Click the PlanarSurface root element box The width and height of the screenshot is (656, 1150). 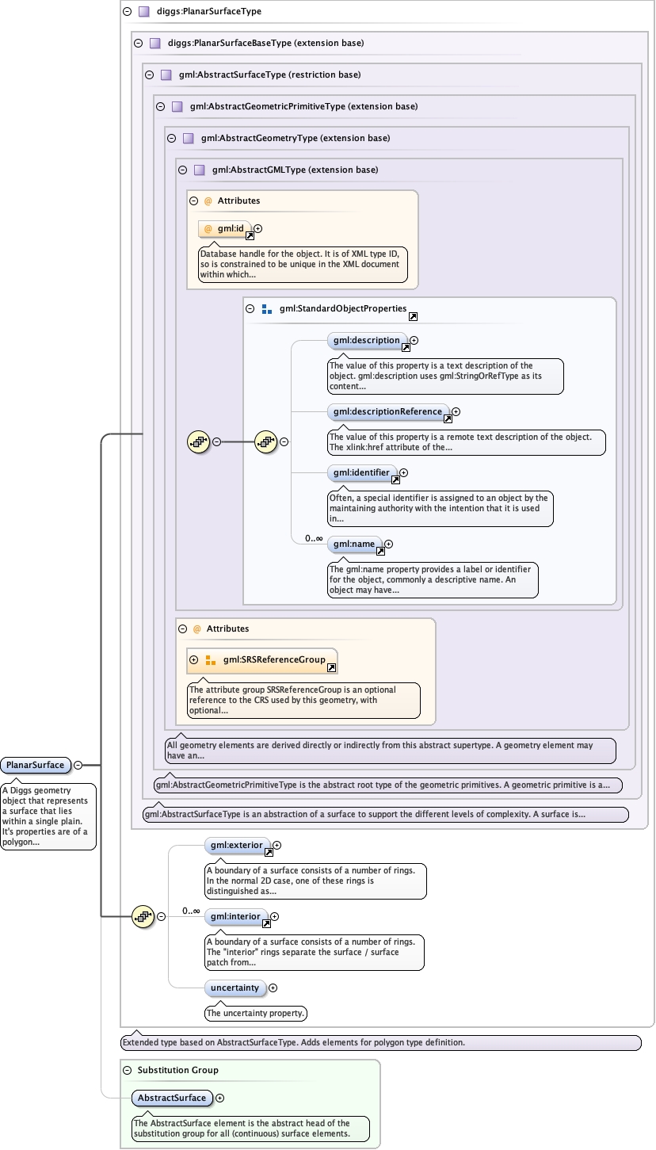pos(36,765)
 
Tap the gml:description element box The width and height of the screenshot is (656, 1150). pos(366,340)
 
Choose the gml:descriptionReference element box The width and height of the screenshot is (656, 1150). pos(387,411)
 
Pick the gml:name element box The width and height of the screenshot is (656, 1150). pos(354,544)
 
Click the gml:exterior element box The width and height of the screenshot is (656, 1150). pos(236,845)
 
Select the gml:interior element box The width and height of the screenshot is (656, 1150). pos(235,916)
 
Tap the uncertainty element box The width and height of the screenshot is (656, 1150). pos(235,988)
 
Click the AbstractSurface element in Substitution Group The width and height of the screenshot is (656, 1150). pos(172,1098)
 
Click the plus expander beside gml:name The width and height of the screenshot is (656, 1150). pos(388,544)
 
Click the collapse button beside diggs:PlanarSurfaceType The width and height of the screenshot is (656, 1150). pos(127,12)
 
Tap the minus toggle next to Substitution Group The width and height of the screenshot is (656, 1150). pos(127,1070)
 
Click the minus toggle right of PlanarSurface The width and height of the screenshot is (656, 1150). pos(78,765)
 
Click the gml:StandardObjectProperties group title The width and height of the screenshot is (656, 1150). pos(343,308)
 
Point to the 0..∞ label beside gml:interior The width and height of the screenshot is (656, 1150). pos(191,911)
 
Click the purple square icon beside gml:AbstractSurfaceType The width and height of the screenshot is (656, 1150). pos(166,75)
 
